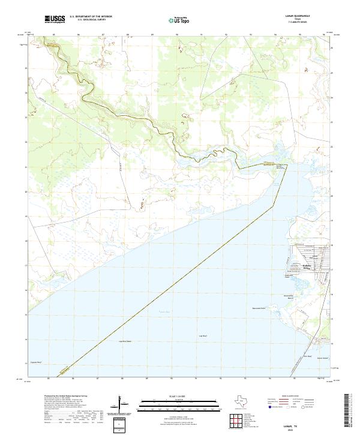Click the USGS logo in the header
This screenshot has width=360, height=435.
click(x=55, y=19)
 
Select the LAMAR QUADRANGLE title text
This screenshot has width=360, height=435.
click(x=310, y=17)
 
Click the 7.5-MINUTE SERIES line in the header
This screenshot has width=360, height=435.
click(x=310, y=23)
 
